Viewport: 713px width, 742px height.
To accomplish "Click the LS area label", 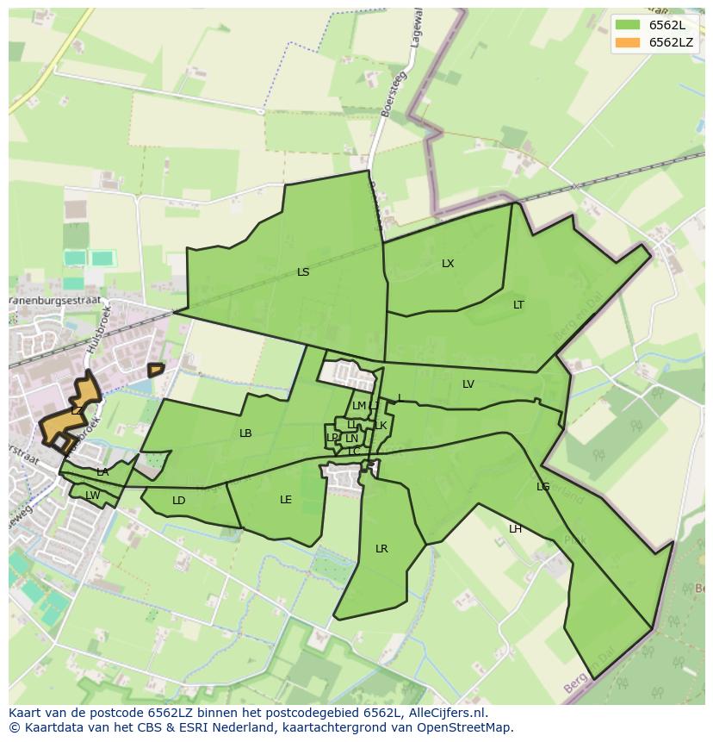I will pyautogui.click(x=303, y=272).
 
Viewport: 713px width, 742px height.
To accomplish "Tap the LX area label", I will pyautogui.click(x=448, y=264).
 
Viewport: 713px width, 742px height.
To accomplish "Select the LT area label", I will pyautogui.click(x=518, y=305).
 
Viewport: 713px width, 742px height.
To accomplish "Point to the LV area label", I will pyautogui.click(x=468, y=384).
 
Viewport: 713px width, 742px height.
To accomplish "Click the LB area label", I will pyautogui.click(x=245, y=433).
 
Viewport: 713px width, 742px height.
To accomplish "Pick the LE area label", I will pyautogui.click(x=286, y=500).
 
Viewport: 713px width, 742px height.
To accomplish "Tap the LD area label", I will pyautogui.click(x=179, y=501).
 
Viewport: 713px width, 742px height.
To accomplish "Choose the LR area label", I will pyautogui.click(x=381, y=549).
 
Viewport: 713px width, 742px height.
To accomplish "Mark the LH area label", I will pyautogui.click(x=515, y=529).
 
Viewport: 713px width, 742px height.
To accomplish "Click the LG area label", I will pyautogui.click(x=542, y=487).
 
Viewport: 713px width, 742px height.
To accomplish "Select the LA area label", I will pyautogui.click(x=102, y=472).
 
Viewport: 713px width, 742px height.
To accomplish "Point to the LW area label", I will pyautogui.click(x=92, y=495).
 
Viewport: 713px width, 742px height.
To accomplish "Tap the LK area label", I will pyautogui.click(x=381, y=426).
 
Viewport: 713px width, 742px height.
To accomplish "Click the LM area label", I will pyautogui.click(x=359, y=406).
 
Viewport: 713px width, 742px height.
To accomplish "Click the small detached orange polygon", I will pyautogui.click(x=155, y=370).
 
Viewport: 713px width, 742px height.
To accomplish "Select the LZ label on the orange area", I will pyautogui.click(x=77, y=411).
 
